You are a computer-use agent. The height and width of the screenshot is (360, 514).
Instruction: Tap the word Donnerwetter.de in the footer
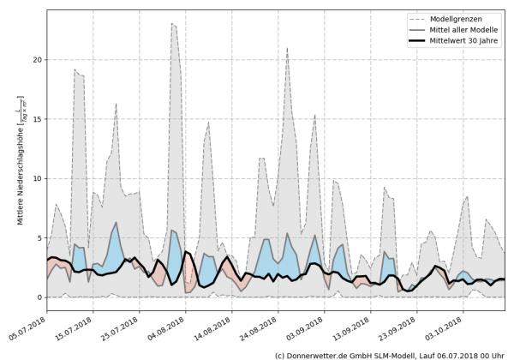[x=321, y=354]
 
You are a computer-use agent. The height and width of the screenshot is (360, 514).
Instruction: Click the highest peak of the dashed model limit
[x=172, y=24]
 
